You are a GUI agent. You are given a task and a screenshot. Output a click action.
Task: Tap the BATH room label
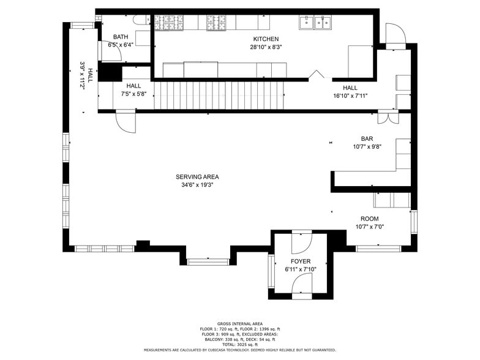[121, 37]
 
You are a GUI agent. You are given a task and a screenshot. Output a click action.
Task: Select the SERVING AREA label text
[200, 177]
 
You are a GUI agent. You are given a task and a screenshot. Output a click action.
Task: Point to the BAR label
[367, 139]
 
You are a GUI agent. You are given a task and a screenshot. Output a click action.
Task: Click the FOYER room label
[301, 261]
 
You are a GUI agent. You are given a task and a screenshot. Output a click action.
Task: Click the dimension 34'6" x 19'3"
[200, 185]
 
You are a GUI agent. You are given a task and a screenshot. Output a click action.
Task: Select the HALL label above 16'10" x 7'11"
[350, 88]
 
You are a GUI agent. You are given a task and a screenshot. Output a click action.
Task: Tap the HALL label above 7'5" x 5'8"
[133, 86]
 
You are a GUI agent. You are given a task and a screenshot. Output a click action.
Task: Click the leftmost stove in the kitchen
[163, 23]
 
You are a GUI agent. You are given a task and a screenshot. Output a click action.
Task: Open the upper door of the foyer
[301, 243]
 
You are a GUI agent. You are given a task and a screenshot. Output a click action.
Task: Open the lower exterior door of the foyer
[301, 284]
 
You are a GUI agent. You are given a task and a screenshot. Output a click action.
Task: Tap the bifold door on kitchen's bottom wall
[316, 75]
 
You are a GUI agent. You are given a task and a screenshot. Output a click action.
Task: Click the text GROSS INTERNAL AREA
[240, 323]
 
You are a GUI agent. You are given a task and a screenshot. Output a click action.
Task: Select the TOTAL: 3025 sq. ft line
[240, 345]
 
